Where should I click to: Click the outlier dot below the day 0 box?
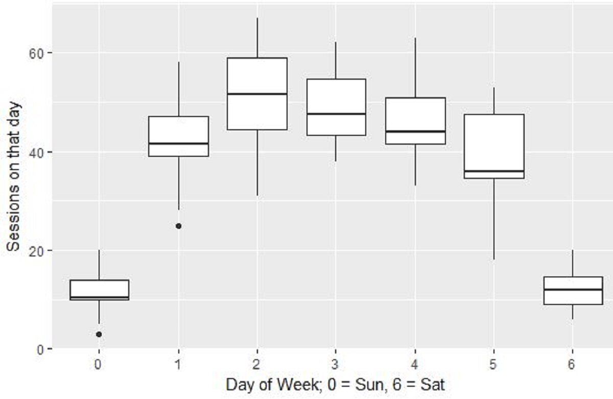point(99,334)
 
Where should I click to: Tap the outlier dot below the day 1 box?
point(178,226)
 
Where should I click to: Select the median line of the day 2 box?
point(257,94)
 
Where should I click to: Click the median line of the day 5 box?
point(494,171)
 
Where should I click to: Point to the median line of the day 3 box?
point(336,114)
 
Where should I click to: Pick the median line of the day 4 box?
point(415,131)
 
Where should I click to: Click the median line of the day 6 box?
point(573,289)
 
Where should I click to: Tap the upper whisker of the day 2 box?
point(257,38)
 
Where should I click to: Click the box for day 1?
point(178,136)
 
